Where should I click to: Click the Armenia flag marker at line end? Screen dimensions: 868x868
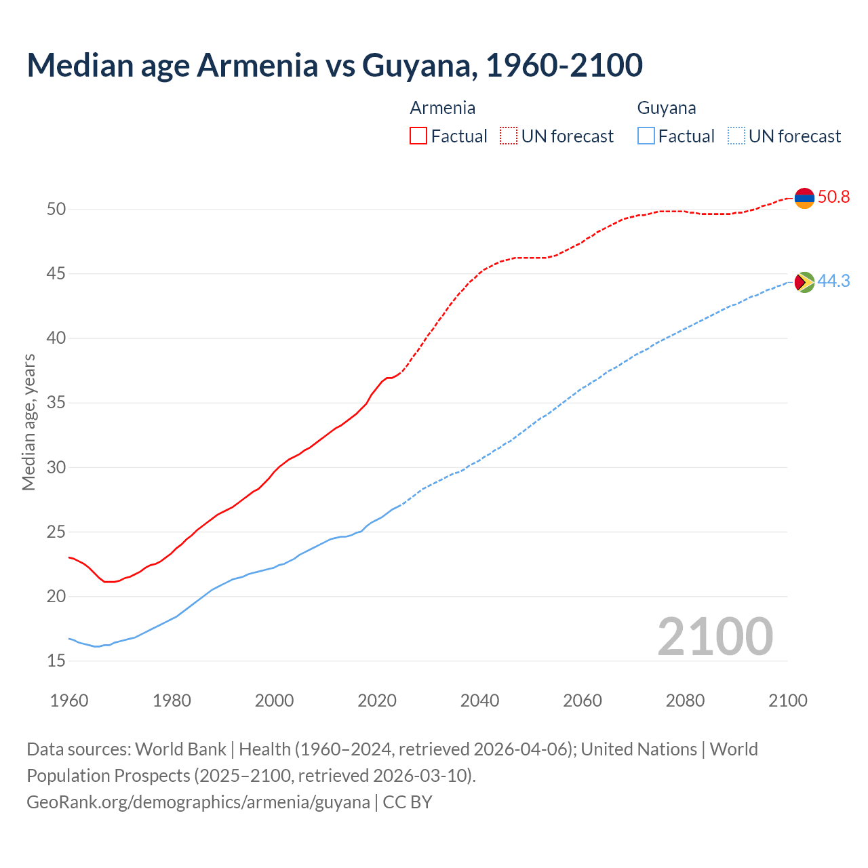pos(804,198)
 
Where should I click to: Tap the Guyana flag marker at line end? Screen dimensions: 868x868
pos(804,281)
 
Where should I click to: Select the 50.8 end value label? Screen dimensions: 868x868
pos(833,197)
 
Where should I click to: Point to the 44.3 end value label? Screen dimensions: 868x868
pos(833,281)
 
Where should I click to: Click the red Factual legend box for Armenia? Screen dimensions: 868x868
pos(418,136)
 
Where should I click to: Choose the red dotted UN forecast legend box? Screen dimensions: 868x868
pos(509,136)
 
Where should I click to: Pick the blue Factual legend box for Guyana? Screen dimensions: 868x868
pos(646,136)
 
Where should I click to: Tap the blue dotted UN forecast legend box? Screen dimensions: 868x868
pos(736,136)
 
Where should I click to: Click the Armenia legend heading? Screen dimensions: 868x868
pos(443,108)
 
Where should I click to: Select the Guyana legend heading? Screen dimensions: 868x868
pos(667,108)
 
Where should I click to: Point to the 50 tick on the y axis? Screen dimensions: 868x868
pos(56,209)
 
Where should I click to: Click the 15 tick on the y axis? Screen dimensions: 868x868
pos(56,660)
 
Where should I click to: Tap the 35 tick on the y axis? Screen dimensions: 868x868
pos(56,403)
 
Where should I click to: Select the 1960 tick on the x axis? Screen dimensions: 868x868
pos(69,701)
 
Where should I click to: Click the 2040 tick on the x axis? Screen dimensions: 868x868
pos(480,701)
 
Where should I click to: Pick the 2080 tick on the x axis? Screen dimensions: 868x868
pos(685,701)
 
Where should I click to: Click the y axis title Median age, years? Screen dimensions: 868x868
pos(28,422)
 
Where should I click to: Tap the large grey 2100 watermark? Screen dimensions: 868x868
pos(715,637)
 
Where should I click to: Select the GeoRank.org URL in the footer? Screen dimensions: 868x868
pos(198,802)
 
